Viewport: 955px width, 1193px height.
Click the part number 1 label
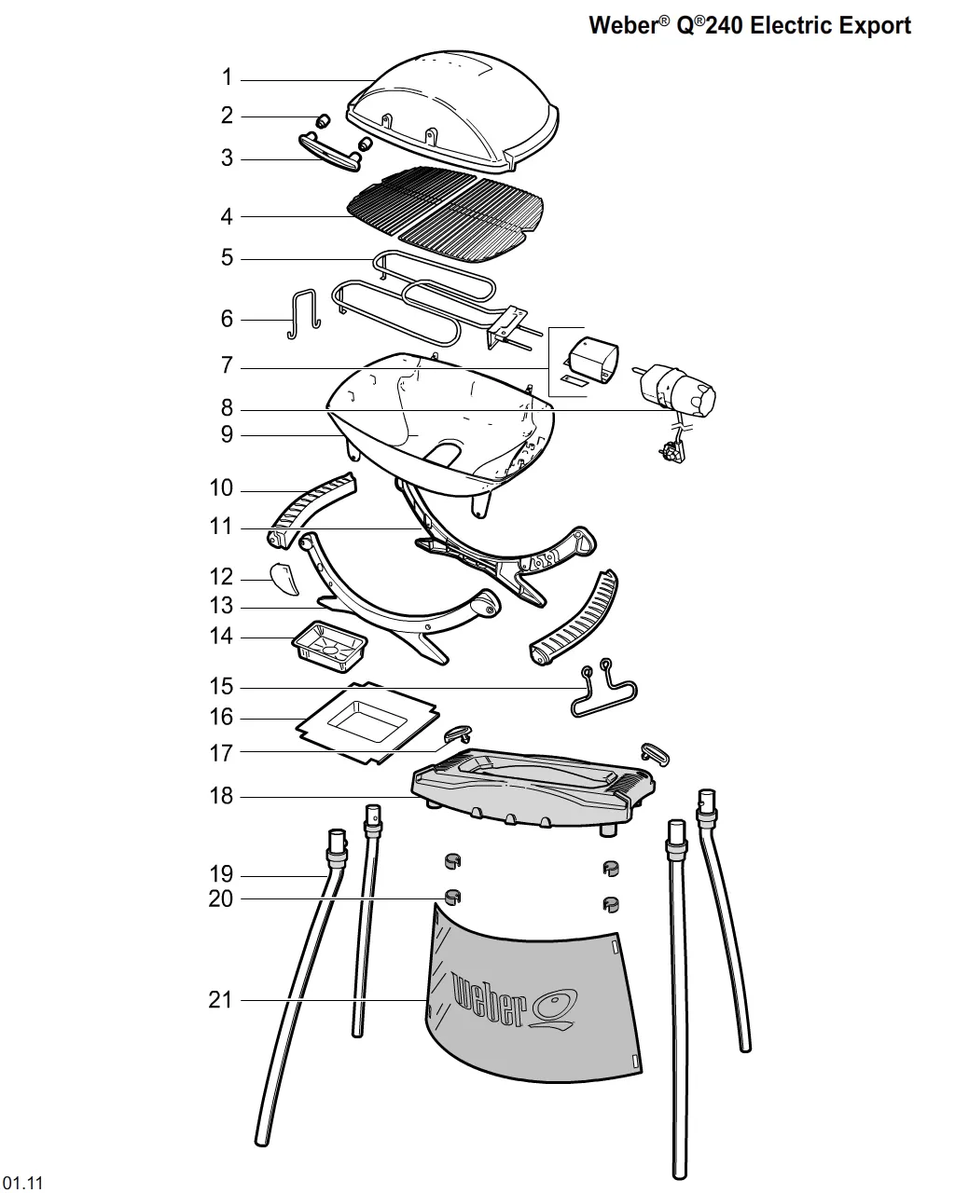tap(227, 77)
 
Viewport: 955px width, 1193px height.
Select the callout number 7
tap(227, 365)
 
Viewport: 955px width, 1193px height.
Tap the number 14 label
tap(221, 636)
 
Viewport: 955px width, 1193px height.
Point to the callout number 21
tap(220, 999)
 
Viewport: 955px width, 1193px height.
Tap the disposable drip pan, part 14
tap(329, 647)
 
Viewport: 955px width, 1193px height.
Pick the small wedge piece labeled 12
tap(284, 579)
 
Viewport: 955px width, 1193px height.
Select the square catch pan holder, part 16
tap(367, 723)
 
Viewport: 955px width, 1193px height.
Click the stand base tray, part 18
tap(533, 787)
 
